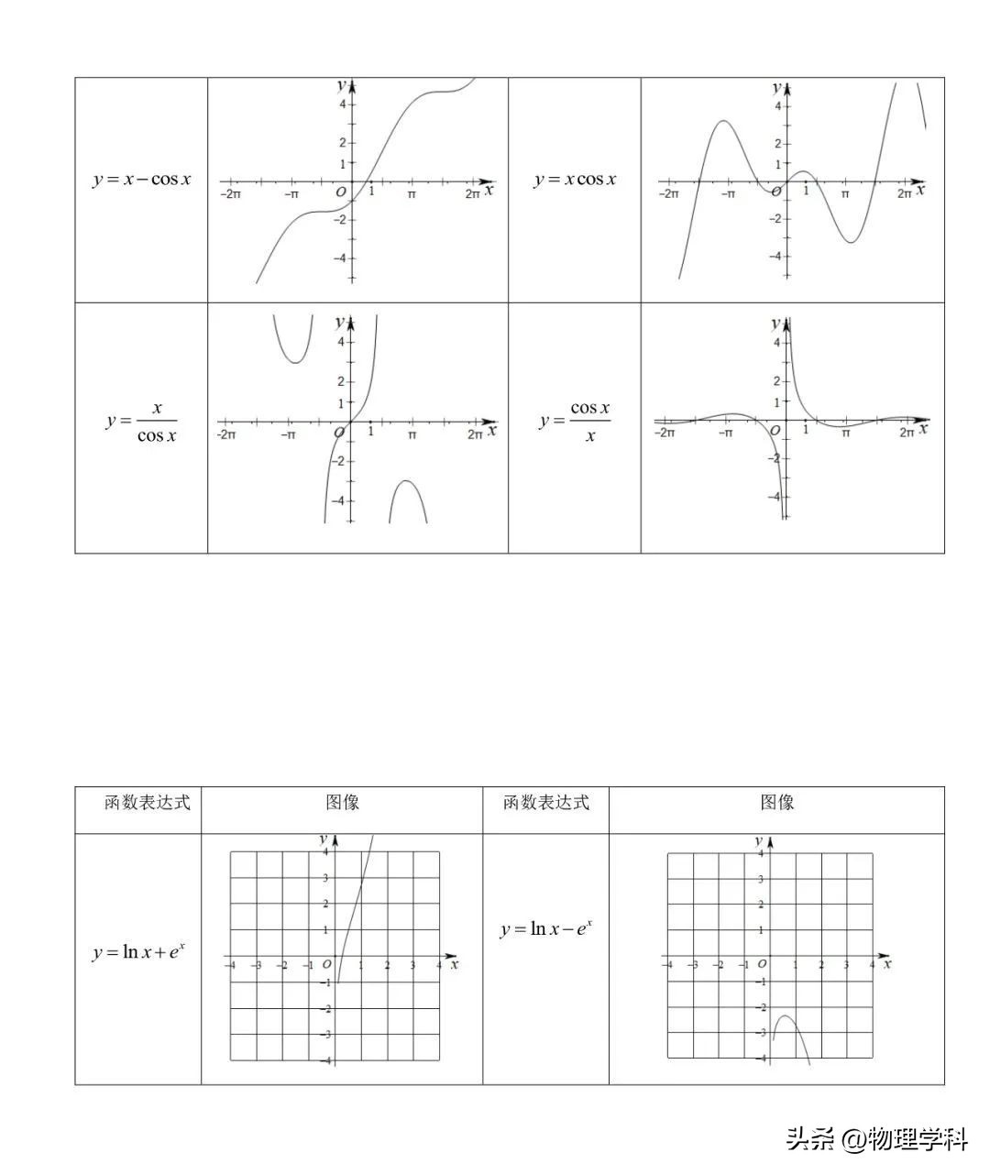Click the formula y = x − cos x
tap(142, 179)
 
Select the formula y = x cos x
tap(575, 179)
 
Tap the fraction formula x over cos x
tap(142, 422)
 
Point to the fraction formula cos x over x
tap(576, 422)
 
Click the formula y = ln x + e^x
tap(139, 952)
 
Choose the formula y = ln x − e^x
tap(546, 928)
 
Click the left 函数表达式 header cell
tap(147, 803)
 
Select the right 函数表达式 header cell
tap(545, 803)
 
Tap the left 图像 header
tap(342, 803)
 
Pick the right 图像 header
tap(776, 803)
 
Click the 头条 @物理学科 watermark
tap(875, 1139)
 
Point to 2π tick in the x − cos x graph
tap(472, 194)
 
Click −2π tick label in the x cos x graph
tap(669, 194)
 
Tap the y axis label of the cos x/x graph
tap(775, 323)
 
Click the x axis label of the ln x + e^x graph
tap(455, 964)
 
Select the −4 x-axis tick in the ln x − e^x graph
tap(667, 965)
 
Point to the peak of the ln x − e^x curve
tap(786, 1016)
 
